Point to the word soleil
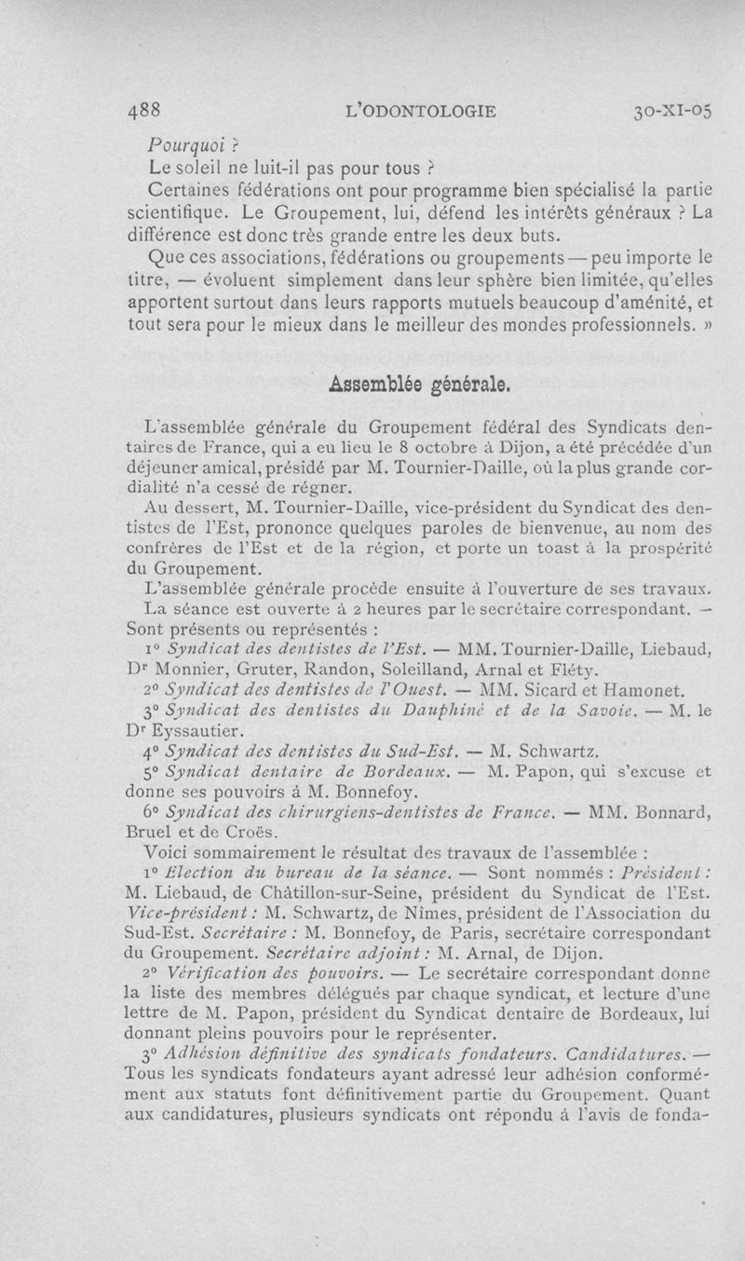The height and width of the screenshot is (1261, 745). [212, 169]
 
